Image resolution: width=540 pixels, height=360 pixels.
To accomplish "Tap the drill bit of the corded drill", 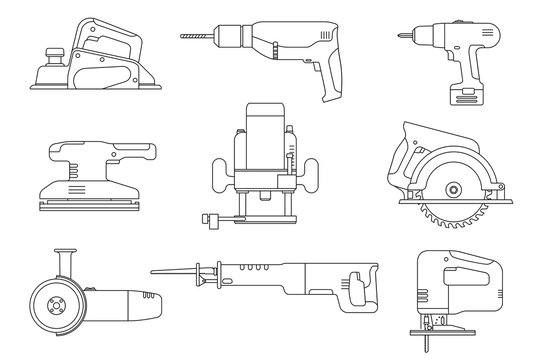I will click(201, 37).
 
